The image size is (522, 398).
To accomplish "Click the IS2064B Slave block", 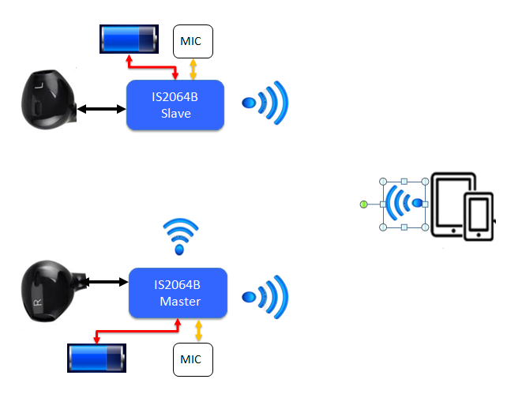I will (175, 104).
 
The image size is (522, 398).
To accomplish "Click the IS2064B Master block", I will (178, 293).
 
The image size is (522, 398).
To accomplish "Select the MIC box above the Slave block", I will (193, 41).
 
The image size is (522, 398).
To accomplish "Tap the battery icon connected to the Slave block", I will (127, 39).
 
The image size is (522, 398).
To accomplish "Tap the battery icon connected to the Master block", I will (96, 358).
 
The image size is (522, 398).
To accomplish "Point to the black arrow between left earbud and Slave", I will (102, 108).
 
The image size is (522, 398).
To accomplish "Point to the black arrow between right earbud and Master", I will (106, 280).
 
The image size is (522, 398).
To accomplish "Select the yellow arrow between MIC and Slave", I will (193, 69).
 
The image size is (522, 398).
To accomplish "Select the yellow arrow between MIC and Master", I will (198, 330).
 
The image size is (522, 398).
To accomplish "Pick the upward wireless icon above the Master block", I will (178, 235).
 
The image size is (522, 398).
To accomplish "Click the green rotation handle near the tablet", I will (363, 205).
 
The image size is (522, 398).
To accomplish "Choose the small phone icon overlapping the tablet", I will (479, 215).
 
